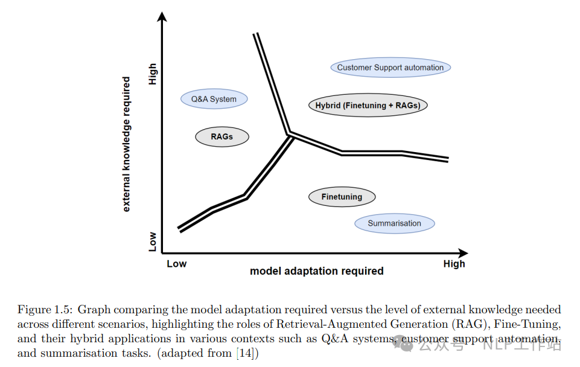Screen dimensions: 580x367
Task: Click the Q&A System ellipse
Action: [214, 99]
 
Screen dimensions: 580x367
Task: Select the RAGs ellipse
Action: [222, 137]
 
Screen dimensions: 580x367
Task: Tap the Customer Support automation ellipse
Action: [390, 68]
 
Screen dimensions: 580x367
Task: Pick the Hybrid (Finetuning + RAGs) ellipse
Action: [368, 105]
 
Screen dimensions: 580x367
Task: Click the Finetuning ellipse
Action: [342, 197]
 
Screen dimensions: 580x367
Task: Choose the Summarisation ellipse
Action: [395, 223]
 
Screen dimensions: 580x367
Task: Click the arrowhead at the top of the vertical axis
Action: [162, 17]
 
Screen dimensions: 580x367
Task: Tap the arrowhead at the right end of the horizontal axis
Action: [463, 254]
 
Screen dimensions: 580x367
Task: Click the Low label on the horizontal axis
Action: [176, 264]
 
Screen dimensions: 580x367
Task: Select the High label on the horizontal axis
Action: [454, 264]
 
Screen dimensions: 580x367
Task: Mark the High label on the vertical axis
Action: [153, 74]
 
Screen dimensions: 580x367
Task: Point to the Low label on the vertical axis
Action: [153, 241]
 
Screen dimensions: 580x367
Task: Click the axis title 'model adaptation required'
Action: [317, 271]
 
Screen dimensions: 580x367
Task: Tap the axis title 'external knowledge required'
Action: [126, 144]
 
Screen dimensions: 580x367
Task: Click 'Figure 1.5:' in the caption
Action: [45, 309]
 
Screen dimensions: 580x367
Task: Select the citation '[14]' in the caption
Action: [246, 353]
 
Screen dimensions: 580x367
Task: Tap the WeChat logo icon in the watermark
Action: [403, 345]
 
